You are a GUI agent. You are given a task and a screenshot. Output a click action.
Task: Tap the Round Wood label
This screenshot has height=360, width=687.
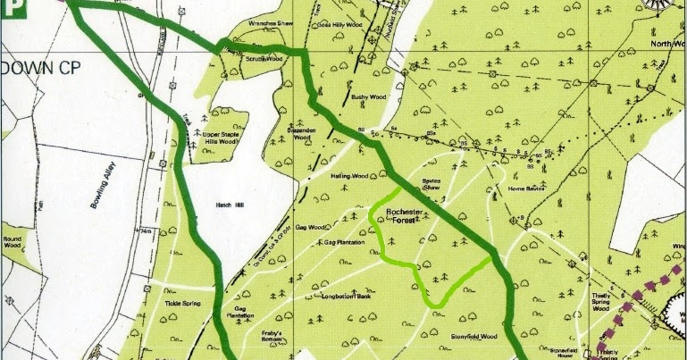pyautogui.click(x=15, y=243)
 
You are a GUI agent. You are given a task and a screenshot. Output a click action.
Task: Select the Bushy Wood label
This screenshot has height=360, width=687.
pyautogui.click(x=366, y=96)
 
